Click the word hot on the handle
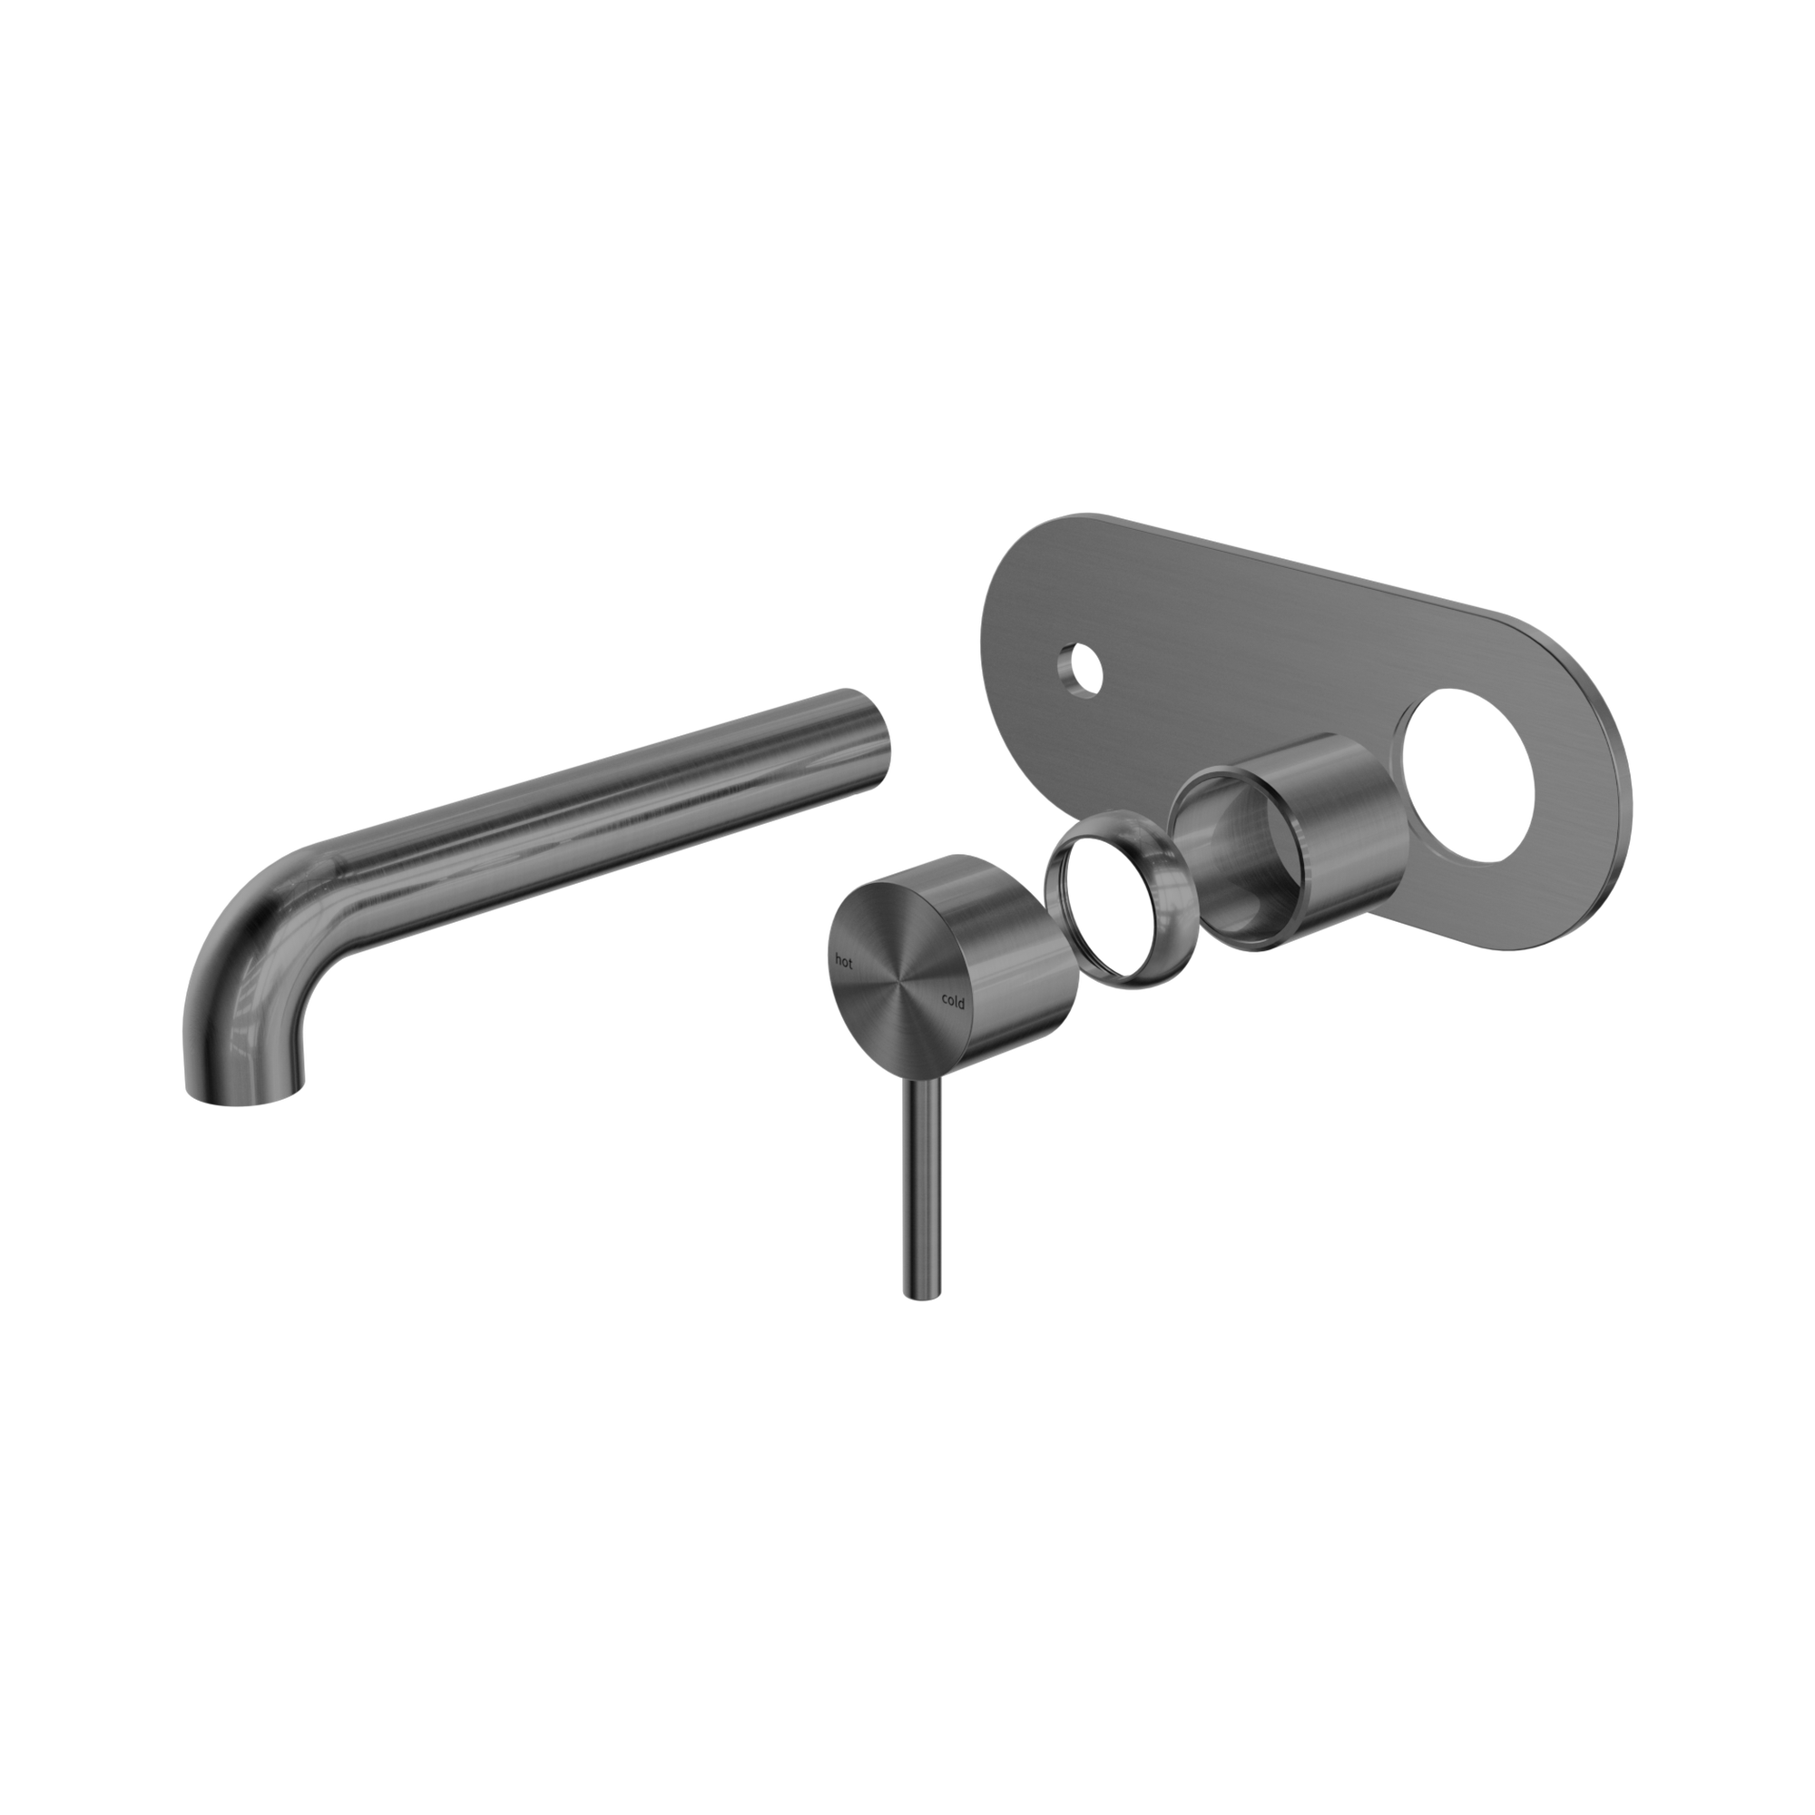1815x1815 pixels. (x=845, y=960)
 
